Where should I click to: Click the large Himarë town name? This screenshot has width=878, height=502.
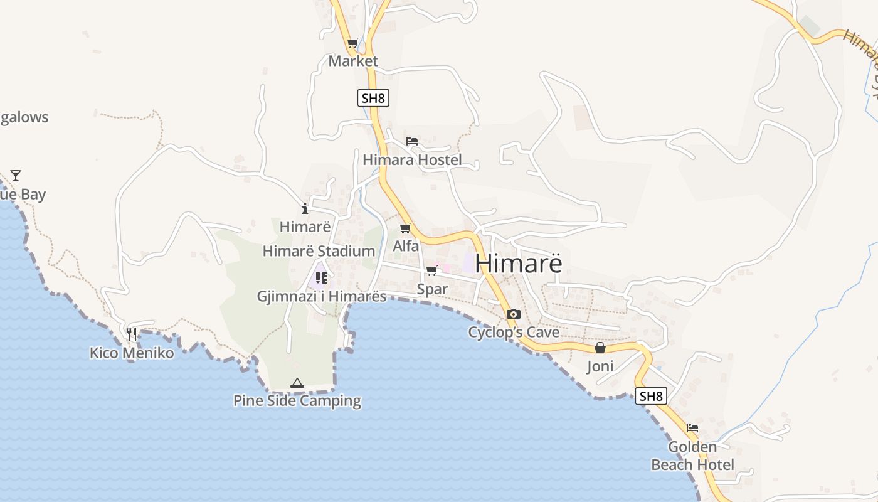coord(518,264)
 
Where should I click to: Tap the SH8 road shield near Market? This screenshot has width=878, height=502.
coord(373,98)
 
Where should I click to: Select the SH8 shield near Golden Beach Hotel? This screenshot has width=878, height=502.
coord(651,396)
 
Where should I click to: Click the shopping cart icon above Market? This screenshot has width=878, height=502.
coord(353,43)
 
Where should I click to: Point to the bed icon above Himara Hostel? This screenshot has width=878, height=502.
coord(412,141)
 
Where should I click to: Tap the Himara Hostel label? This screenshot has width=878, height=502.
coord(412,160)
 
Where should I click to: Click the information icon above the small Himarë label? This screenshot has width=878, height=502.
coord(305,208)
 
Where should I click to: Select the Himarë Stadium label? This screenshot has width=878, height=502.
coord(319,252)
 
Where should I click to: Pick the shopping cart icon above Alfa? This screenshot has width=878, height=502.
coord(406,228)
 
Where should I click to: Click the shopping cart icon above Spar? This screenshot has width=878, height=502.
coord(432,271)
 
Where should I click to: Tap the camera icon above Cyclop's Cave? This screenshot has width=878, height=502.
coord(514,314)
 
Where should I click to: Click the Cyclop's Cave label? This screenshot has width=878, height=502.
coord(514,332)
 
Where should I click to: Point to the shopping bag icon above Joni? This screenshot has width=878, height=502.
coord(600,348)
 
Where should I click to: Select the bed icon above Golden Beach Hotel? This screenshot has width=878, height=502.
coord(692,428)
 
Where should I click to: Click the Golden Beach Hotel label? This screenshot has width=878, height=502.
coord(692,456)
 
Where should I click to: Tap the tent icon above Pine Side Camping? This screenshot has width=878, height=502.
coord(297,383)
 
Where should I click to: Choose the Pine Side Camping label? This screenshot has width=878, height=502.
coord(297,401)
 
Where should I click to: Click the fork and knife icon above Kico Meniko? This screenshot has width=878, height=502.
coord(132,334)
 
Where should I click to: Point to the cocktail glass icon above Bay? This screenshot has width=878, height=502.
coord(16,175)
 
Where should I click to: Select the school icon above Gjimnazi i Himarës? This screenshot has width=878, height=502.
coord(322,277)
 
